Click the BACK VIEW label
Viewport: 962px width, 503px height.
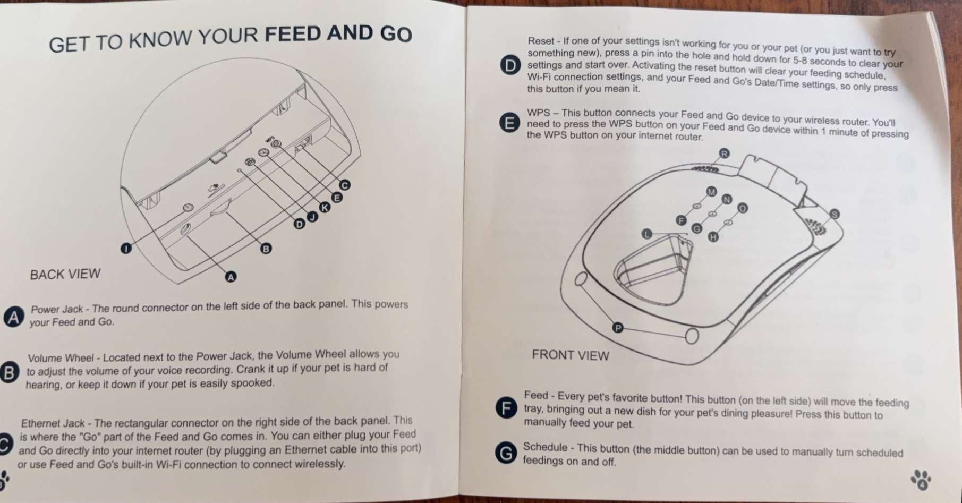coord(65,274)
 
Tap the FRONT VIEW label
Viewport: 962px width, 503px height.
coord(570,355)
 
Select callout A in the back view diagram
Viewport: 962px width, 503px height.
coord(231,277)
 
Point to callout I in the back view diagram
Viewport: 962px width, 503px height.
coord(126,248)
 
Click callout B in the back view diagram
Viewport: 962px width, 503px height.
coord(266,248)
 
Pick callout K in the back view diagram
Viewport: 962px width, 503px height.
coord(324,207)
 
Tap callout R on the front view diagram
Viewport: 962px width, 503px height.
coord(724,154)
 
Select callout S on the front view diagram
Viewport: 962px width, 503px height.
coord(834,214)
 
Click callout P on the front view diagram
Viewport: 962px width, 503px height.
coord(617,328)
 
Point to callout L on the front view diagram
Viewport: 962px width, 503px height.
coord(646,234)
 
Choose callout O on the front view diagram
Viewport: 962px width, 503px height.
coord(742,208)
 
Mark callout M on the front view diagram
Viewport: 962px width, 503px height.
coord(711,191)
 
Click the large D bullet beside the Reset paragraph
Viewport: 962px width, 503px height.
coord(510,66)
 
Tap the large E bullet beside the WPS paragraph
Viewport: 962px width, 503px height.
coord(509,124)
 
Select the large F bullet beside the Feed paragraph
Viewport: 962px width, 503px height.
coord(506,408)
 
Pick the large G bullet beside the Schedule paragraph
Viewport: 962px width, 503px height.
coord(506,453)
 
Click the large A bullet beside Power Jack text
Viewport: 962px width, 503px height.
coord(14,317)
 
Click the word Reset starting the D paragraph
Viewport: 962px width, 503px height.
coord(540,41)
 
